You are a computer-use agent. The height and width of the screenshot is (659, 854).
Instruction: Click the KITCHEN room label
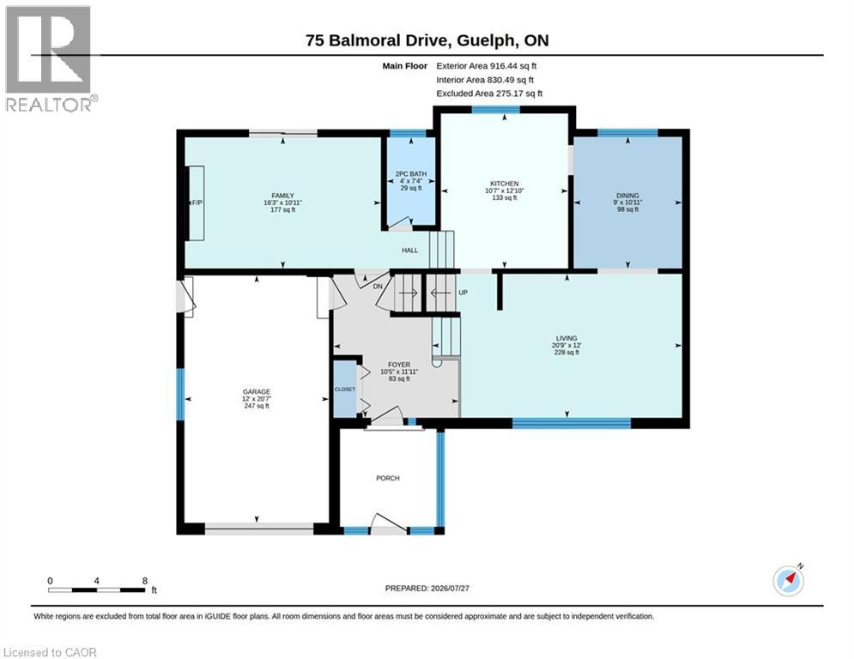505,184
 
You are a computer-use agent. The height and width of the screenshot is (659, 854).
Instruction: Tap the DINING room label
627,196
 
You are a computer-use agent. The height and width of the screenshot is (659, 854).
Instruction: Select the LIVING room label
566,338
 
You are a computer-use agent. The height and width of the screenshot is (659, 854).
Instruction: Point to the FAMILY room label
282,196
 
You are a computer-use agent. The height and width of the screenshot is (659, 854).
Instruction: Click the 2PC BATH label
410,174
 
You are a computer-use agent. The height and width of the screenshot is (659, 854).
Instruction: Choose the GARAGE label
257,391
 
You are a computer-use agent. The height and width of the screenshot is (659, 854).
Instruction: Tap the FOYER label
399,365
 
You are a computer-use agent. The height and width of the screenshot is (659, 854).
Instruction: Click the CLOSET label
345,390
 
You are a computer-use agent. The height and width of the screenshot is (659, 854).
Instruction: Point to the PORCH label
388,478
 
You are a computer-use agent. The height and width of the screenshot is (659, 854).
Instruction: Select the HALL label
410,251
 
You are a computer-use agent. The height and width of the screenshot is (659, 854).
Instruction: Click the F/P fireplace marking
197,203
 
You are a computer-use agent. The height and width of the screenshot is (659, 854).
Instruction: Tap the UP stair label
463,293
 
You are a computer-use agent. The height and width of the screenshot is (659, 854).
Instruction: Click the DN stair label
378,287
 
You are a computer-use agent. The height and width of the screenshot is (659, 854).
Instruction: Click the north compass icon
789,580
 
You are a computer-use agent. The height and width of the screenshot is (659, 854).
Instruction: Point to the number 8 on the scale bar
145,581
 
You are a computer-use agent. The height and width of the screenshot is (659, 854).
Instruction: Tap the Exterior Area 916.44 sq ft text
487,66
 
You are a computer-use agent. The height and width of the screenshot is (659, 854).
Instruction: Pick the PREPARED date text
427,588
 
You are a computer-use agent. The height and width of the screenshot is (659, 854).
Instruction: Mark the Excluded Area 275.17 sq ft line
489,94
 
